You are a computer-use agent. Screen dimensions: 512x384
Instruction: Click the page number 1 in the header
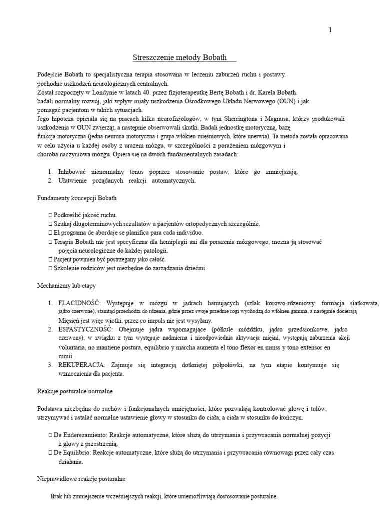pyautogui.click(x=330, y=30)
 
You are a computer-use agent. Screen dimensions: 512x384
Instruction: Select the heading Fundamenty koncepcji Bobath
pyautogui.click(x=77, y=198)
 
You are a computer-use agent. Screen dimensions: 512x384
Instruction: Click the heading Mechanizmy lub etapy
pyautogui.click(x=63, y=286)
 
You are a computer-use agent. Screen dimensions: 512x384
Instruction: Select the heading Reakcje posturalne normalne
pyautogui.click(x=73, y=391)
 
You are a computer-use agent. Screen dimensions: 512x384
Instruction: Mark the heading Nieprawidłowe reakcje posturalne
pyautogui.click(x=82, y=479)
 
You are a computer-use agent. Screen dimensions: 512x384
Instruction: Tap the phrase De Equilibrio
pyautogui.click(x=73, y=453)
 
